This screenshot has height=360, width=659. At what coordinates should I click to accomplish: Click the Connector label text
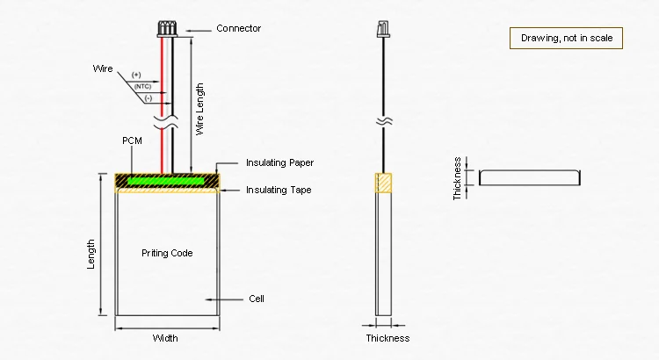click(x=238, y=29)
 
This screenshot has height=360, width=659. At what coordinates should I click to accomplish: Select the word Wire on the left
click(x=103, y=68)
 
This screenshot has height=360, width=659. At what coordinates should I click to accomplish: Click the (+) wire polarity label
click(x=136, y=75)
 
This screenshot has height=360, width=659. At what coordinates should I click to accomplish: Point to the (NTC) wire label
click(x=142, y=86)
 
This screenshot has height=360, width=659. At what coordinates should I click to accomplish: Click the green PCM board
click(x=167, y=180)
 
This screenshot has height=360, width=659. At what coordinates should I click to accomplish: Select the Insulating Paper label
click(x=279, y=163)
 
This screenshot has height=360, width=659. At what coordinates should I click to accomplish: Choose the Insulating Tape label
click(x=279, y=190)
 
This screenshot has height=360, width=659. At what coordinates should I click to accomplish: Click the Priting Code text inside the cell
click(x=167, y=253)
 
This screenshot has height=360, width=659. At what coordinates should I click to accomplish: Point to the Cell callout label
click(x=257, y=299)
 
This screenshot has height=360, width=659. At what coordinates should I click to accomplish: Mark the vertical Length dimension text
click(x=91, y=255)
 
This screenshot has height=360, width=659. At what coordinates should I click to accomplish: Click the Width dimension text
click(x=165, y=338)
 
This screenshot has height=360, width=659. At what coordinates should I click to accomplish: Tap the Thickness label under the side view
click(x=387, y=338)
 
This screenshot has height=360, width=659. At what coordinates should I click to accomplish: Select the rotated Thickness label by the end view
click(x=458, y=179)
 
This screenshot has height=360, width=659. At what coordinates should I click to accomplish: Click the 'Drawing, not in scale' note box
click(x=566, y=38)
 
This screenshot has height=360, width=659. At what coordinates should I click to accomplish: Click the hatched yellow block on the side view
click(x=385, y=182)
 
